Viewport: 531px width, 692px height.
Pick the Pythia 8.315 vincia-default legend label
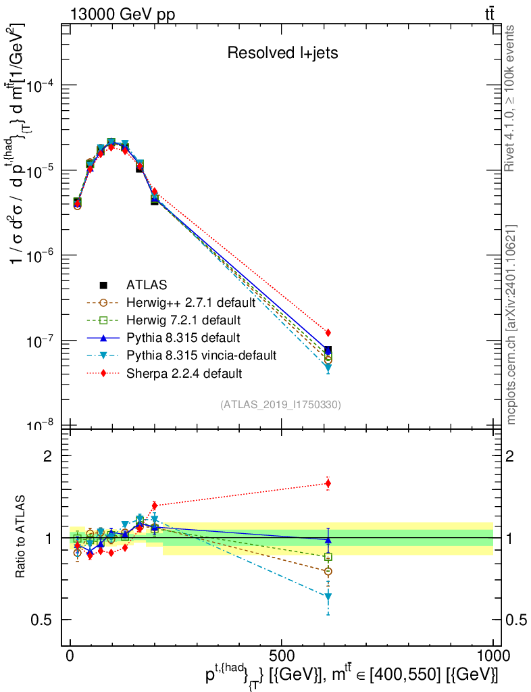[201, 355]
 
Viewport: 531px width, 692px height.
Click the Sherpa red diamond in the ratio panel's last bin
[328, 483]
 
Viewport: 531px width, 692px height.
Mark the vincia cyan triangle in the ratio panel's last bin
[328, 597]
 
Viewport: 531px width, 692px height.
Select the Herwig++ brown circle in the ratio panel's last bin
[328, 571]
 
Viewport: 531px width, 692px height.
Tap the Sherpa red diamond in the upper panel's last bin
[328, 332]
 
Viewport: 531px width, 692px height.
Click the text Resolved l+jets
[282, 53]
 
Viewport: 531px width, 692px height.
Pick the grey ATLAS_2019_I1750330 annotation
[280, 405]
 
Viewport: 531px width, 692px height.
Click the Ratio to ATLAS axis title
[20, 537]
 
